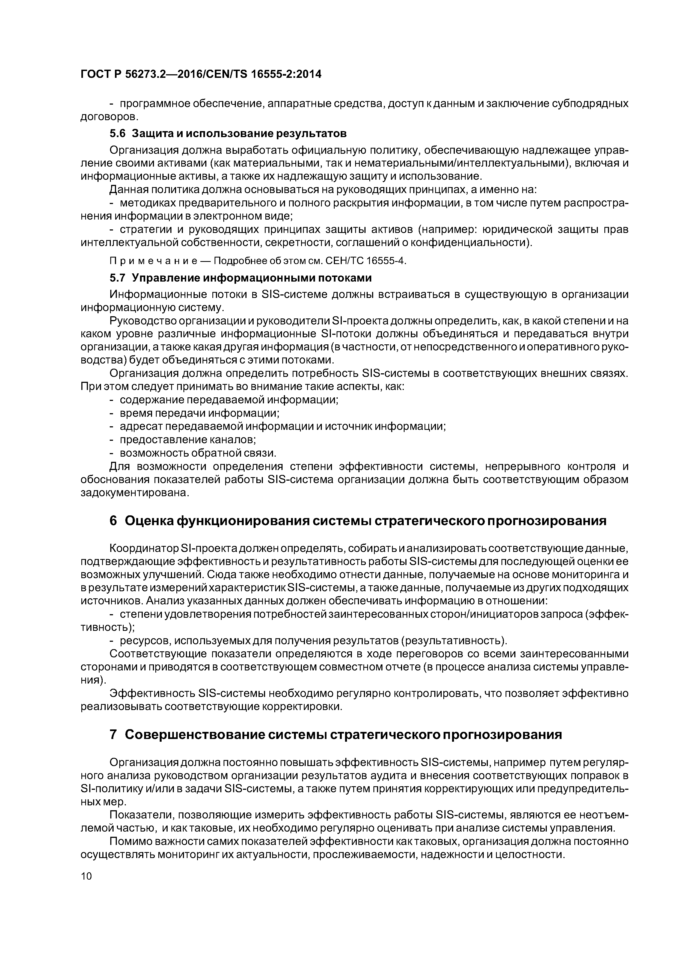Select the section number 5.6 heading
click(x=117, y=134)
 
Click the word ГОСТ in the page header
click(x=95, y=74)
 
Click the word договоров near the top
click(x=108, y=116)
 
